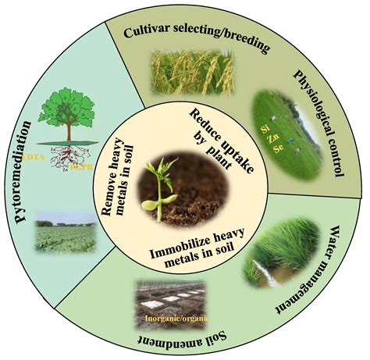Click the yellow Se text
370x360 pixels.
278,148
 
